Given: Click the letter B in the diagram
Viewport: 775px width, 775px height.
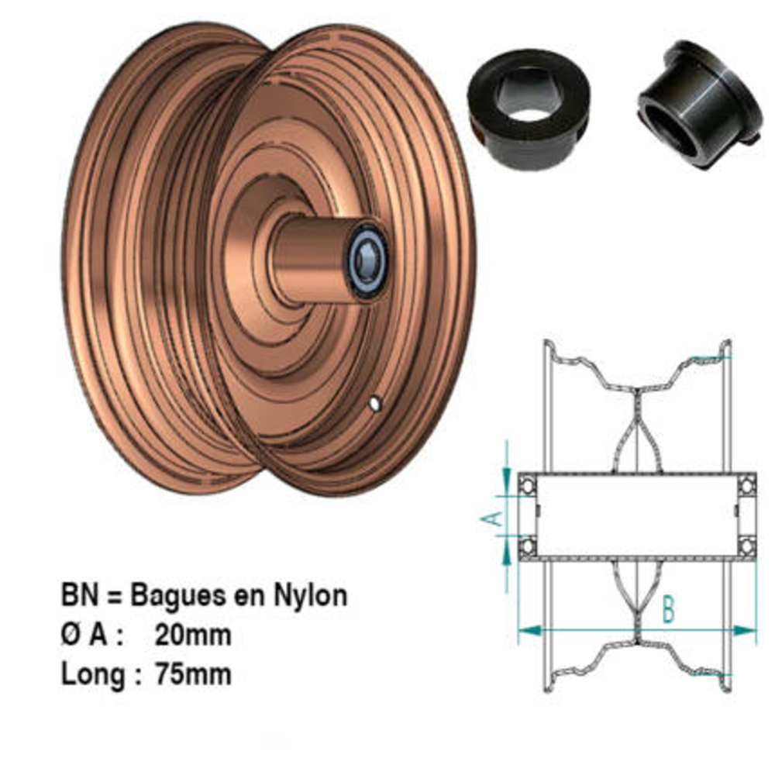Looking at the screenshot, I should point(668,611).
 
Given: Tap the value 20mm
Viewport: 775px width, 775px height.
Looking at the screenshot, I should point(193,635).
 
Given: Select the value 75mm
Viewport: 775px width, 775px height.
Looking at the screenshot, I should point(193,673).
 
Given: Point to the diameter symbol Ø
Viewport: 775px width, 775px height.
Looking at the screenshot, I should point(71,635).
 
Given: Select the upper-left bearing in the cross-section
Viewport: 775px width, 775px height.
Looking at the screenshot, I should point(528,486).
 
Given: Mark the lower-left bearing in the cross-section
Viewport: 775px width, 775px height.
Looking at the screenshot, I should point(528,545).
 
